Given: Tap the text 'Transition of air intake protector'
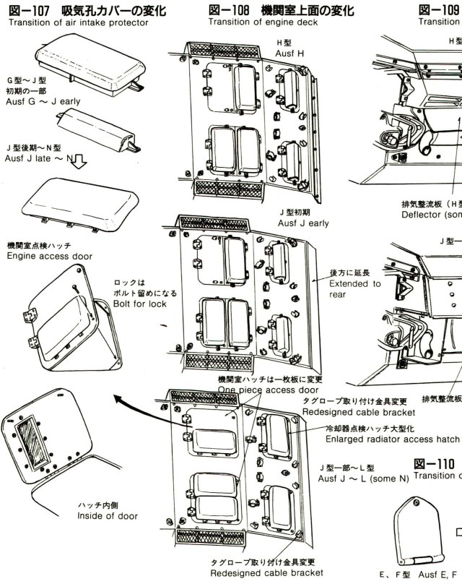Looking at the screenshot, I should [x=78, y=22].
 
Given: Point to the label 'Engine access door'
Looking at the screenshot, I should [x=49, y=256].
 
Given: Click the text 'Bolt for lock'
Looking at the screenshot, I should [x=140, y=304].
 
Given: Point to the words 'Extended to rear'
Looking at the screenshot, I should [x=354, y=288].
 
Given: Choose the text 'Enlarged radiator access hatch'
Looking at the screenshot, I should [x=392, y=439].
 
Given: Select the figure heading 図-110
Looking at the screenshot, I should [x=435, y=463].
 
